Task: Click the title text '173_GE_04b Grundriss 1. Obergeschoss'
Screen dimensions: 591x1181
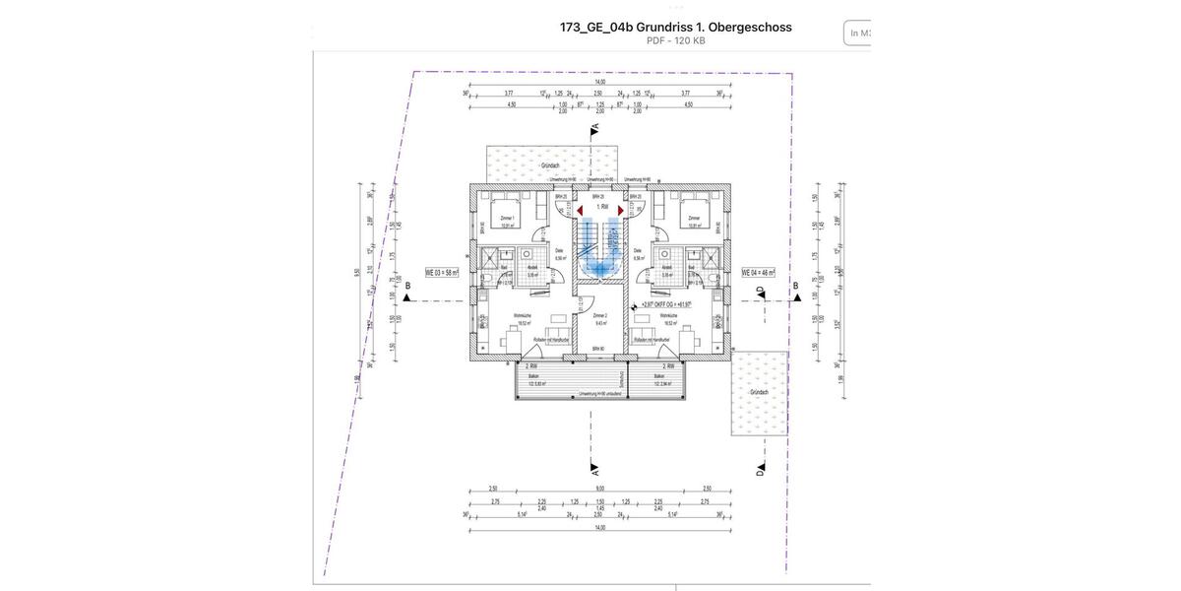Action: [x=675, y=27]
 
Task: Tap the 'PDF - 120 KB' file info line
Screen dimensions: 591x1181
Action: [x=675, y=41]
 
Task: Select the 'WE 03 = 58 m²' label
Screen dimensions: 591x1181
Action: [x=443, y=272]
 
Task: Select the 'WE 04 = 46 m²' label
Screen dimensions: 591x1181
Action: [x=758, y=272]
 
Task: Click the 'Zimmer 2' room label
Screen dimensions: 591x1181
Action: [x=599, y=316]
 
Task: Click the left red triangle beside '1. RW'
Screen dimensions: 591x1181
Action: [x=581, y=210]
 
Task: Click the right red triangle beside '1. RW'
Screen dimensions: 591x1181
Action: [x=621, y=210]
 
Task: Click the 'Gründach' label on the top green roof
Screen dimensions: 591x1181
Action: [x=551, y=166]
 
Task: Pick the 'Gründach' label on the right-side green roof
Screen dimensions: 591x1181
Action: [x=759, y=391]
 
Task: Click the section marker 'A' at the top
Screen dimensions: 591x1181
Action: [x=594, y=130]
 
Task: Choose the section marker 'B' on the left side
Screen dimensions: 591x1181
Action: [x=407, y=287]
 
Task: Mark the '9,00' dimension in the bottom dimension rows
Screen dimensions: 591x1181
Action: [x=598, y=489]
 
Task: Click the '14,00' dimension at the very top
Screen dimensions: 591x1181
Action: [x=599, y=82]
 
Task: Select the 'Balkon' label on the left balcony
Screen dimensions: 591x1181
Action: [x=532, y=376]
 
